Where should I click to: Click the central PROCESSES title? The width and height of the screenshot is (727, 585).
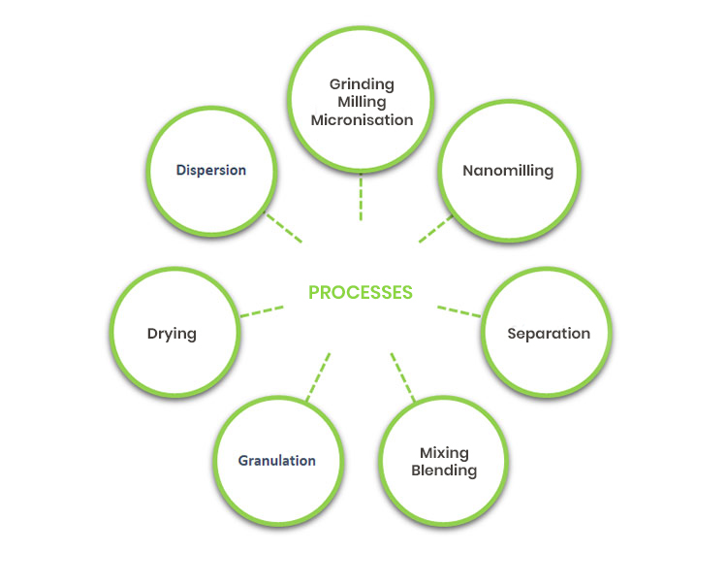361,292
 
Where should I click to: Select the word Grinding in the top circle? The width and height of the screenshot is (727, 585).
361,83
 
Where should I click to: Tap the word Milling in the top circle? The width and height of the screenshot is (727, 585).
361,102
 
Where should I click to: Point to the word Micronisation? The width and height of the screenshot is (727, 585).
361,120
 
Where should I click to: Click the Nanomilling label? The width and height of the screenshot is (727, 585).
508,171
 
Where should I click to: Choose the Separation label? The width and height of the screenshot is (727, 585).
549,333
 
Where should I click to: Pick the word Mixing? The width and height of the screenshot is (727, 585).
444,453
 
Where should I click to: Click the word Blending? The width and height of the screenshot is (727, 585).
444,471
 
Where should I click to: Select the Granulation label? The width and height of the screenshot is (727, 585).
277,460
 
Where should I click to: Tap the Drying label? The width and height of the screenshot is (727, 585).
172,333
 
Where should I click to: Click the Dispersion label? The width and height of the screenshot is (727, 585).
211,170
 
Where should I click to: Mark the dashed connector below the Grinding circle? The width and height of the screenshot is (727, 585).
361,198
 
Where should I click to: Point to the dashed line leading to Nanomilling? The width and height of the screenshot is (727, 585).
436,229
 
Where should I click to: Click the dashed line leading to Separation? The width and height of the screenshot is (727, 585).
458,311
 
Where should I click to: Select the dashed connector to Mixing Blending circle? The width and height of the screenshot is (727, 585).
402,377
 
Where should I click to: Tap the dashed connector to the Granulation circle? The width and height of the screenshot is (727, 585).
319,377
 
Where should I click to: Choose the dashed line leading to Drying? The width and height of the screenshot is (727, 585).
262,311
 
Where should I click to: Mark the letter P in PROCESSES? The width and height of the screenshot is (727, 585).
314,292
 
